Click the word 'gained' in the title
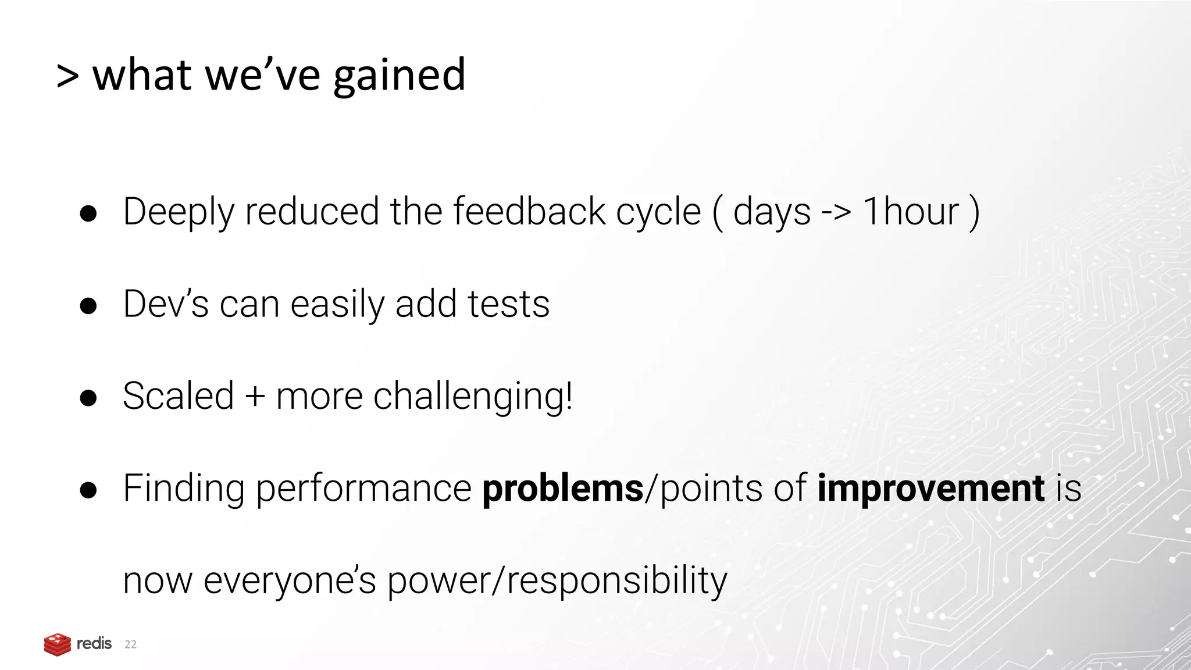pyautogui.click(x=399, y=76)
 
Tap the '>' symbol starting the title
pyautogui.click(x=67, y=77)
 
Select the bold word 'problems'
pyautogui.click(x=562, y=489)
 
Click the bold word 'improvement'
pyautogui.click(x=930, y=489)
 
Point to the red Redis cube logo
pyautogui.click(x=57, y=644)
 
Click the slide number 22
pyautogui.click(x=131, y=644)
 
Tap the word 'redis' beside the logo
pyautogui.click(x=94, y=643)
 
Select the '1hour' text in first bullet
pyautogui.click(x=911, y=211)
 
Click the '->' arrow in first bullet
pyautogui.click(x=836, y=212)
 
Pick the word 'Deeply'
pyautogui.click(x=179, y=212)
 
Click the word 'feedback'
pyautogui.click(x=529, y=211)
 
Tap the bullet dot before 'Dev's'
pyautogui.click(x=88, y=306)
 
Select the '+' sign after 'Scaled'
pyautogui.click(x=255, y=397)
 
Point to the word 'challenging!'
pyautogui.click(x=473, y=397)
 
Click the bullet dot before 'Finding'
pyautogui.click(x=88, y=490)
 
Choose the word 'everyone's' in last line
pyautogui.click(x=290, y=581)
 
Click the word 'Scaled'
pyautogui.click(x=179, y=396)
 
